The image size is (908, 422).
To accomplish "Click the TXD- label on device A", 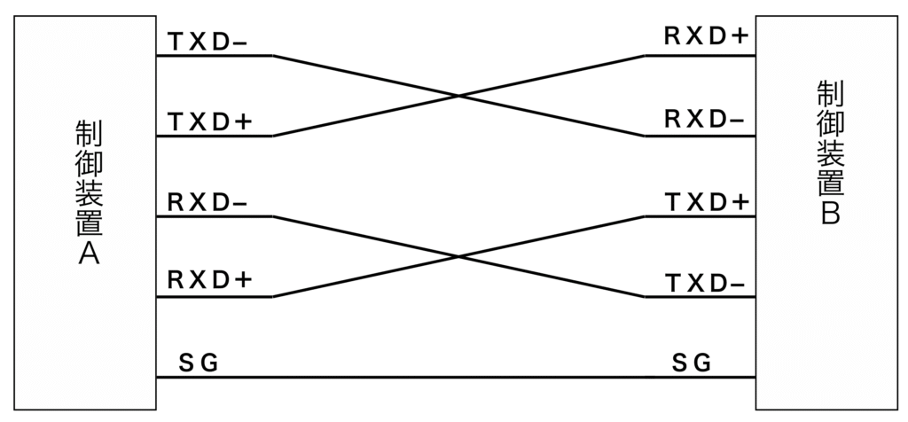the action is click(x=208, y=43).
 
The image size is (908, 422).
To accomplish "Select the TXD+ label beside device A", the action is click(x=210, y=122).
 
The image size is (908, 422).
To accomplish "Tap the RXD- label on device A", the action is click(x=207, y=203).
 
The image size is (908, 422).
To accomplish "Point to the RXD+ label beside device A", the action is click(x=210, y=280).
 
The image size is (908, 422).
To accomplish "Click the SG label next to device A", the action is click(x=199, y=363).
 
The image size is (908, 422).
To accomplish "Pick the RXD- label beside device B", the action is click(x=704, y=120).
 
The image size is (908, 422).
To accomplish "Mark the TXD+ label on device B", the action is click(x=708, y=203).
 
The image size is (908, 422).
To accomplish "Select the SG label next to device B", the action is click(x=692, y=363).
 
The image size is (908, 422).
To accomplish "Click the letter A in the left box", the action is click(x=89, y=253).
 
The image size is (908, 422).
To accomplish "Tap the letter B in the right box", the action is click(x=830, y=214).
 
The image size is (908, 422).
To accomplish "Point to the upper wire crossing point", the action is click(x=458, y=96).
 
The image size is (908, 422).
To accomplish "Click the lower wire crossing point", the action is click(x=458, y=256).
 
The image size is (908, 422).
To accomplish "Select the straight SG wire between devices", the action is click(x=456, y=378).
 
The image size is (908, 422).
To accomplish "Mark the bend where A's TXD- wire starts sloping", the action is click(x=273, y=56).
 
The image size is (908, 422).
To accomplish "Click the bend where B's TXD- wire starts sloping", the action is click(x=645, y=297).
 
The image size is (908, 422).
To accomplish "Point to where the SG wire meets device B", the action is click(x=755, y=378).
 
